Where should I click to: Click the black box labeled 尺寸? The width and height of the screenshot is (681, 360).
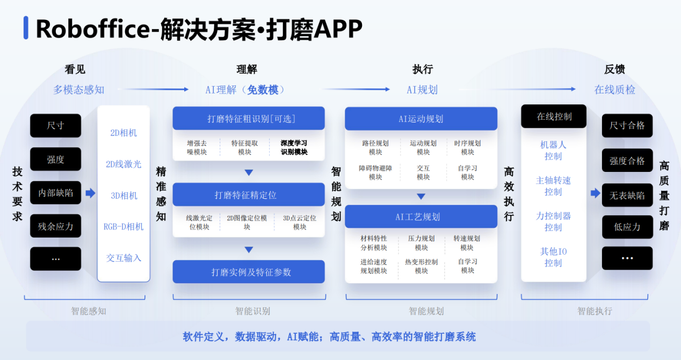pos(55,126)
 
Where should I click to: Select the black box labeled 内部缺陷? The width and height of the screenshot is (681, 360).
pos(55,193)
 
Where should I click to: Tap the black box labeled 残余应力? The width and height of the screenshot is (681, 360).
pos(55,226)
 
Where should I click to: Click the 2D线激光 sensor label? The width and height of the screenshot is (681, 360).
pos(124,164)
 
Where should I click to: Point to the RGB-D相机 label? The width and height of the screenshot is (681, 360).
pos(124,227)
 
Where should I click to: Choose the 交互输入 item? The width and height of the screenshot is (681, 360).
pos(124,258)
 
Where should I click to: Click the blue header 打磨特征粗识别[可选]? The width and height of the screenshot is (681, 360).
pos(248,119)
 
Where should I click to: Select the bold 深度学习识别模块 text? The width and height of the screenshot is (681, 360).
pos(294,148)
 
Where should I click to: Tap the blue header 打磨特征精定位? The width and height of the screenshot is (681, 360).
pos(248,195)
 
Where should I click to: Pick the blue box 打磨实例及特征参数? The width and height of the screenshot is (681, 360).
pos(248,272)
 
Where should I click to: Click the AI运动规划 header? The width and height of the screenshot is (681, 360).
pos(421,119)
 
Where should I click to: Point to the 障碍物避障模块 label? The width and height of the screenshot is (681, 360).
pos(375,172)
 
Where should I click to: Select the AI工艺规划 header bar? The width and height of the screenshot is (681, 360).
pos(421,217)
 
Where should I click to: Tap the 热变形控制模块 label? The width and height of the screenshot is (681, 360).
pos(421,267)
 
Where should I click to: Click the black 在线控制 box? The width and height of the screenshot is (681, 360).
pos(554,117)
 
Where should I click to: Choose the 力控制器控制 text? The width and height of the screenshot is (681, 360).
pos(553,221)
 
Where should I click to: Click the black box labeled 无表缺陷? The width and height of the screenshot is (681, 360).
pos(627,195)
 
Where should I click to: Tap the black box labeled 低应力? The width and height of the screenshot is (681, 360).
pos(627,227)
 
